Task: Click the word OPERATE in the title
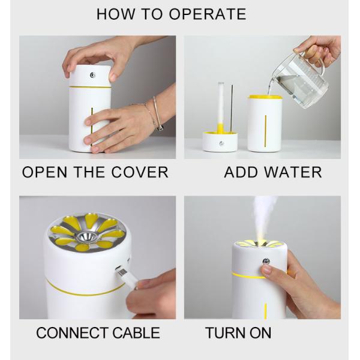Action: pyautogui.click(x=208, y=14)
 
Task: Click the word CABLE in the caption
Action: pyautogui.click(x=136, y=332)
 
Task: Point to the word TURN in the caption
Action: pyautogui.click(x=225, y=332)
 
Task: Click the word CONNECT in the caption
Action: pyautogui.click(x=72, y=332)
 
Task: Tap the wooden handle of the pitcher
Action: pyautogui.click(x=311, y=57)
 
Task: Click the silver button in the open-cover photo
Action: pyautogui.click(x=92, y=75)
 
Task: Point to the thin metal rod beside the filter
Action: pyautogui.click(x=232, y=108)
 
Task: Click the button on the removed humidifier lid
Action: pyautogui.click(x=221, y=144)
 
